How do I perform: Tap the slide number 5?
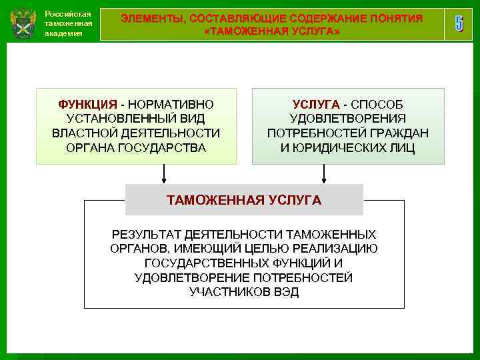click(459, 24)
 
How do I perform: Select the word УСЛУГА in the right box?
click(315, 105)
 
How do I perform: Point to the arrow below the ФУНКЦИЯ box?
click(164, 174)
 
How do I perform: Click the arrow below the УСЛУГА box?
click(324, 174)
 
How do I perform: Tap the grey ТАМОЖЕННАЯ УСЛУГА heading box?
click(244, 200)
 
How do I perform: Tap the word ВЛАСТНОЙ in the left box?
click(79, 133)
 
